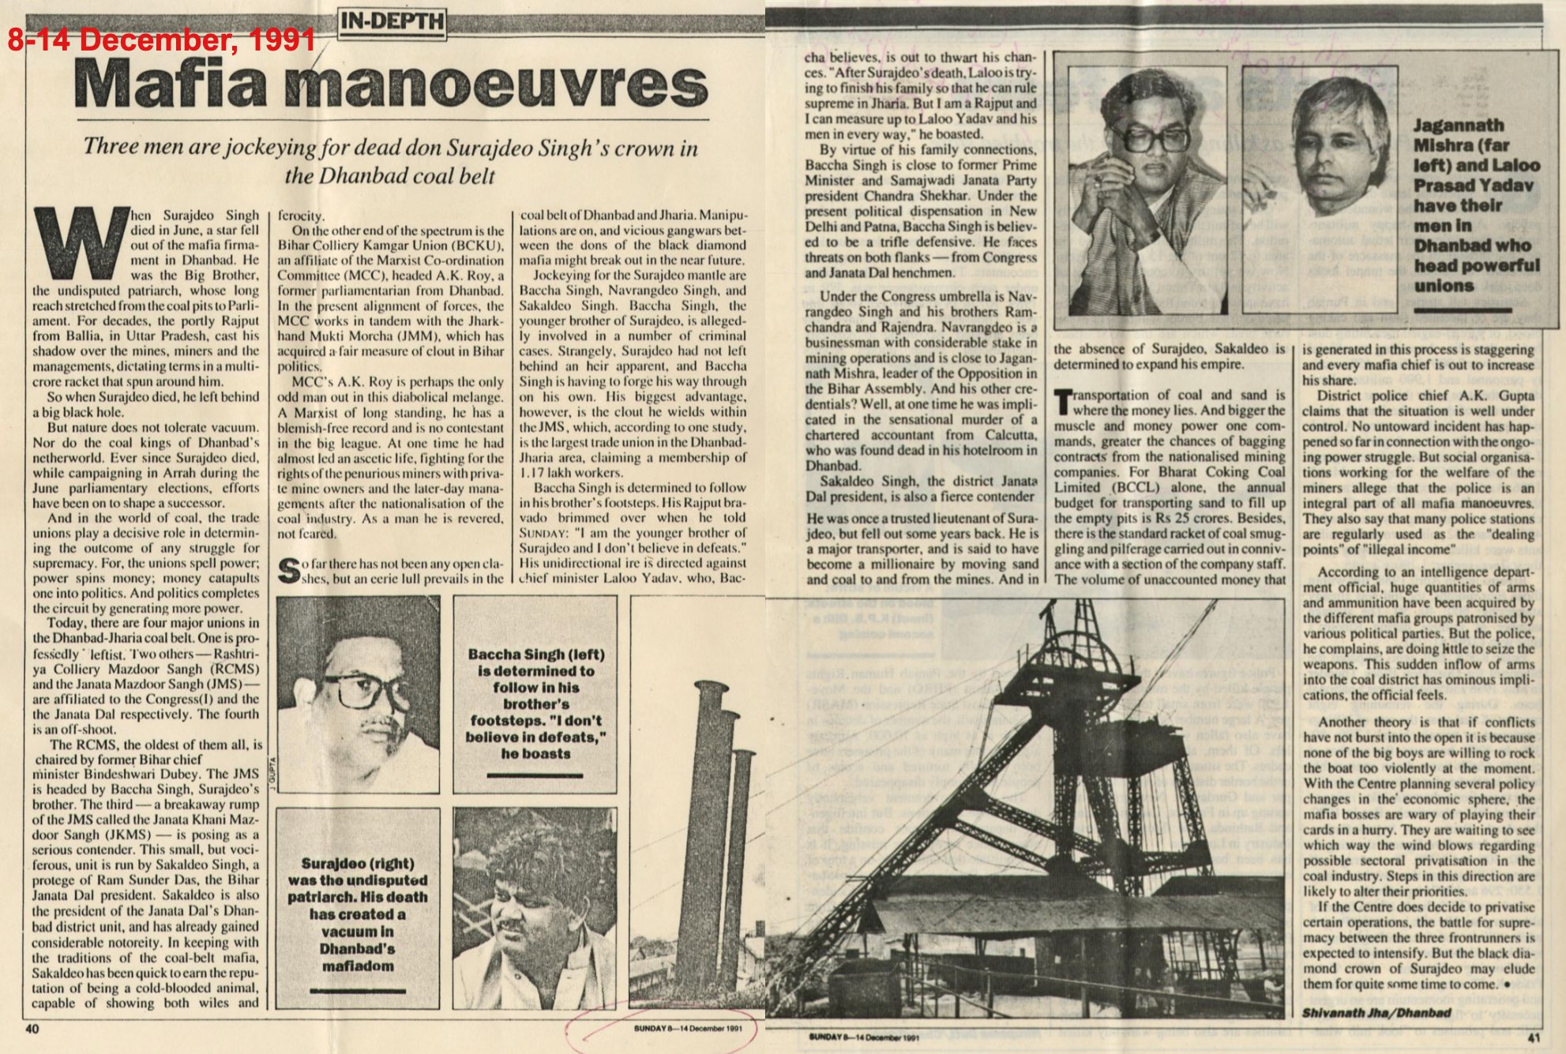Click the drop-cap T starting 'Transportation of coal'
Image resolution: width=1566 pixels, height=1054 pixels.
[1066, 400]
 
